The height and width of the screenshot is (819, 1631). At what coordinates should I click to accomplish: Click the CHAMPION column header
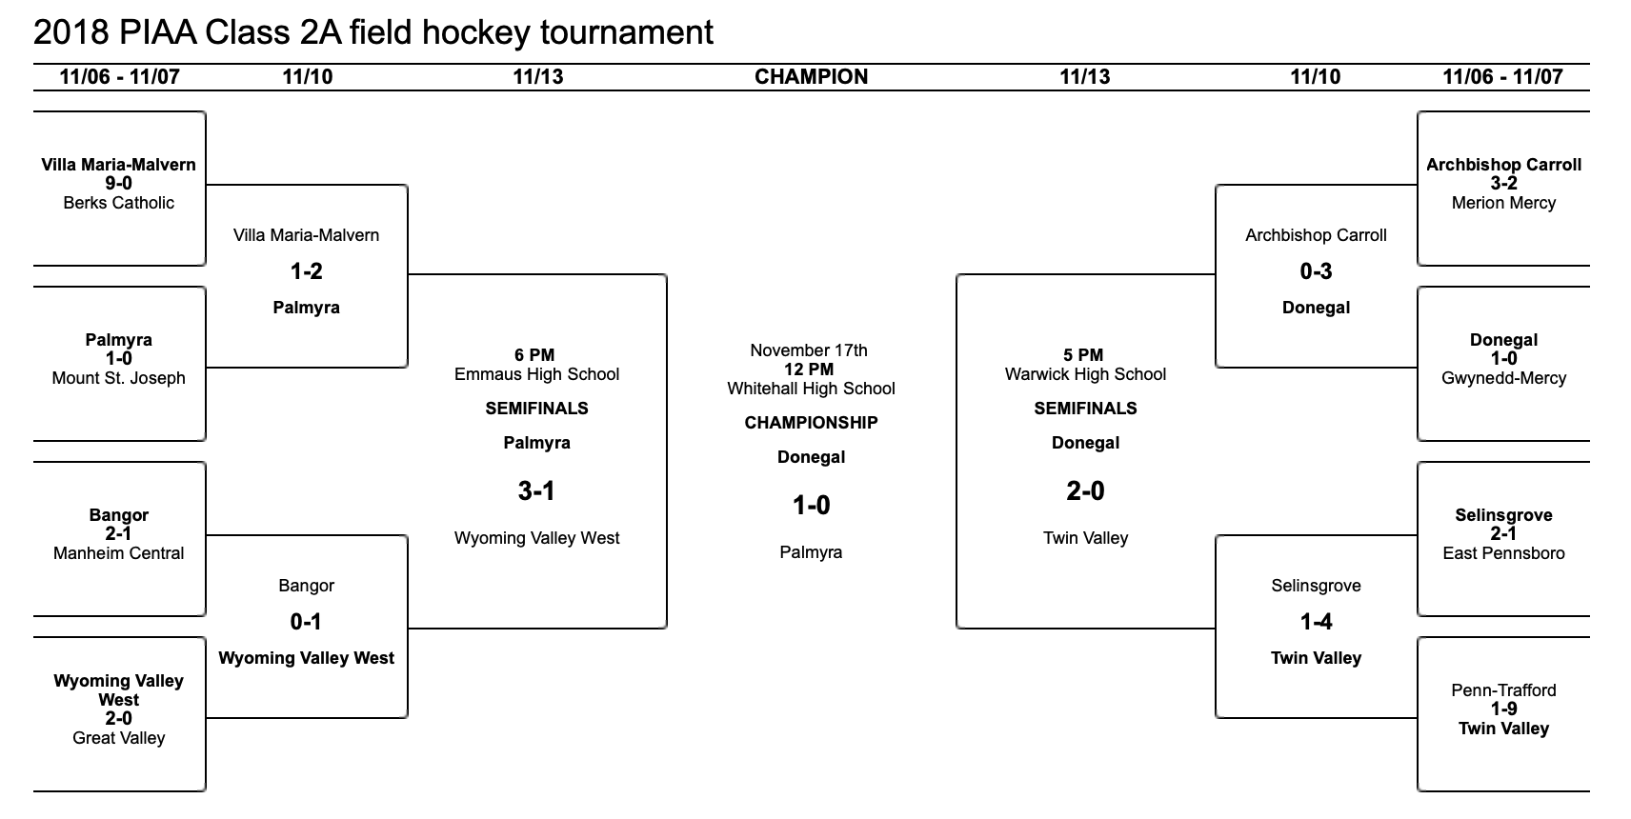point(811,76)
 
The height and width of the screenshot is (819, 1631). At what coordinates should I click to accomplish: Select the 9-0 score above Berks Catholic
point(119,184)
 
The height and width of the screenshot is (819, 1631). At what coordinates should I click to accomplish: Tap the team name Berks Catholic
point(119,203)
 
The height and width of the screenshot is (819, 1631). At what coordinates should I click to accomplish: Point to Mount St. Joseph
point(119,378)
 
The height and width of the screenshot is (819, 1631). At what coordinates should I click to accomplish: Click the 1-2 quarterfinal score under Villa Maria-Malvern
point(306,271)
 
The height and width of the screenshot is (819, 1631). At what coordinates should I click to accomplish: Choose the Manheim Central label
point(119,553)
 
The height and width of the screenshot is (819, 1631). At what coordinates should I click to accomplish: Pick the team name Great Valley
point(119,738)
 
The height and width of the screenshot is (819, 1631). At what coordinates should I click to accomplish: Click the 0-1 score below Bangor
point(306,622)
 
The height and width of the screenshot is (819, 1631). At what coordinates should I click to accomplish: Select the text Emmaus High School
point(536,374)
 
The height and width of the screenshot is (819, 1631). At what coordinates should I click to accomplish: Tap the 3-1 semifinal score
point(536,491)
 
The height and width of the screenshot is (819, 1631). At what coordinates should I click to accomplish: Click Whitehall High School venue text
point(811,389)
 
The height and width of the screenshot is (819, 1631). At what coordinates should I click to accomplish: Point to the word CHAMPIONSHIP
point(811,423)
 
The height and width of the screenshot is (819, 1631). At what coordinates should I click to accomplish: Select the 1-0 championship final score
point(811,506)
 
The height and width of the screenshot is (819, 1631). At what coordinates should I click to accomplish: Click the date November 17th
point(809,350)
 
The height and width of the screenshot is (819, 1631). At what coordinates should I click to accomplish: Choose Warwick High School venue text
point(1086,374)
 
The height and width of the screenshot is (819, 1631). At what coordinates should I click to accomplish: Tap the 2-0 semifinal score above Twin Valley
point(1086,491)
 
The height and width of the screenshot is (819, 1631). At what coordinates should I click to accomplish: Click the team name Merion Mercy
point(1503,203)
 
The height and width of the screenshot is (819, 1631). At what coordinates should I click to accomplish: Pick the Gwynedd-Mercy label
point(1503,378)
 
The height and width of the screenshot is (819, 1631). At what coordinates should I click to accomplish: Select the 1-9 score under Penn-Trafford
point(1503,709)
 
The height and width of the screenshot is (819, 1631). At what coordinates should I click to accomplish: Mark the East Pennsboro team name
point(1503,553)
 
